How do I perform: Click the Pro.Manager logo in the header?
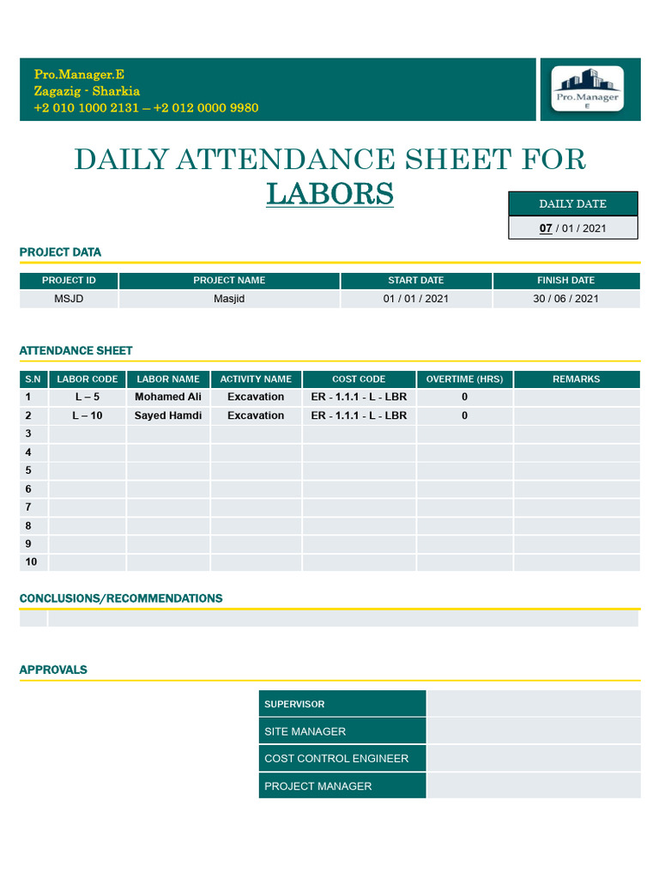click(x=587, y=89)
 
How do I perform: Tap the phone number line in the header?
click(x=146, y=108)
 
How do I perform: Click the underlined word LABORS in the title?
click(x=329, y=194)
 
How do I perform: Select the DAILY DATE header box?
click(x=572, y=203)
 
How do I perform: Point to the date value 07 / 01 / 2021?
click(x=572, y=228)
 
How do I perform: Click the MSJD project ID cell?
click(x=69, y=299)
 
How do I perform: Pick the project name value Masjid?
click(x=229, y=299)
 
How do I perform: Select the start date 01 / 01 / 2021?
click(x=416, y=299)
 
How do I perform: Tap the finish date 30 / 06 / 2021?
click(x=565, y=299)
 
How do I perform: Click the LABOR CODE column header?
click(x=88, y=379)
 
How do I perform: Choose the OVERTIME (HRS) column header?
click(x=464, y=379)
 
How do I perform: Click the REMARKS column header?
click(x=577, y=379)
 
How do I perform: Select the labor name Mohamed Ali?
click(x=168, y=397)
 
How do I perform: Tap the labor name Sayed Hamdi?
click(x=168, y=415)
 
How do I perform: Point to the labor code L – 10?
click(x=88, y=415)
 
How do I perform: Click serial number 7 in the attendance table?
click(x=29, y=507)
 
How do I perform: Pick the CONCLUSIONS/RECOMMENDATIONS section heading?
click(x=121, y=598)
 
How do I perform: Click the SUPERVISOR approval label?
click(x=294, y=705)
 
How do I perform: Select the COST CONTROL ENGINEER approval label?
click(x=336, y=759)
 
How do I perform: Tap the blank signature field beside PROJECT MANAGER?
click(x=533, y=785)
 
